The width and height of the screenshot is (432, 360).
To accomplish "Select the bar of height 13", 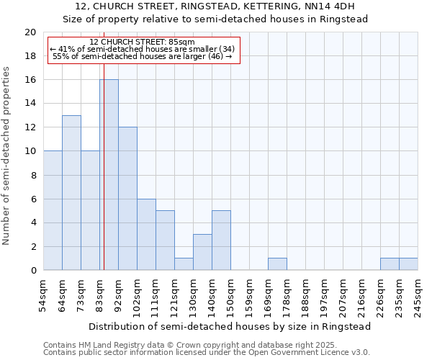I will pos(71,193).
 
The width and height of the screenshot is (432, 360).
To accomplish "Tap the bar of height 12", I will pos(127,199).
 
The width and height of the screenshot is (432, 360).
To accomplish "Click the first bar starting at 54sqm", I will pos(53,210).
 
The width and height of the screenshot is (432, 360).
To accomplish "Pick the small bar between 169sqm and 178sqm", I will pos(277,264).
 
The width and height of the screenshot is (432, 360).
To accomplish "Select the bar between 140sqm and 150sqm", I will pos(221,240).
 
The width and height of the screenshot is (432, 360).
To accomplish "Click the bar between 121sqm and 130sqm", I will pos(184,264).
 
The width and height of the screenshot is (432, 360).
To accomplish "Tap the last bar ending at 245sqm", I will pos(408,264).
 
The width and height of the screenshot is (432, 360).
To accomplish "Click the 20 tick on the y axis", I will pos(30,32).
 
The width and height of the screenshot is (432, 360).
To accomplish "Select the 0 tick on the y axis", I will pos(32,271).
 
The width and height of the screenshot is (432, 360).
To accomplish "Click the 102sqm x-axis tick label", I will pos(137,295).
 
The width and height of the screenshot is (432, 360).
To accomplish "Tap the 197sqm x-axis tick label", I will pos(324,295).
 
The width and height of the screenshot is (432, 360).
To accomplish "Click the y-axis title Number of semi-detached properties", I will pos(7,156).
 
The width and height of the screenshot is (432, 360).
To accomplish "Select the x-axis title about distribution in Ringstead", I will pos(230,326).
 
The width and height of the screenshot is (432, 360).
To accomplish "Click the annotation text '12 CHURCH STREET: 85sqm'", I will pos(142,42).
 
